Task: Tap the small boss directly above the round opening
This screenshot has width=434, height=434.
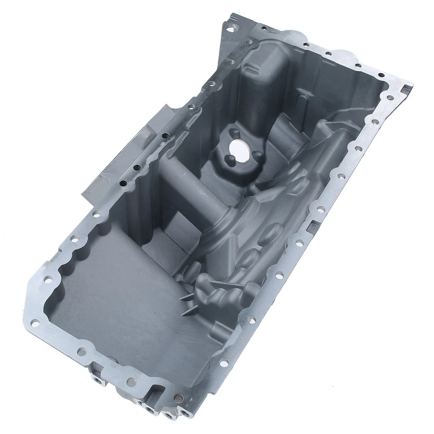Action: (234, 132)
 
